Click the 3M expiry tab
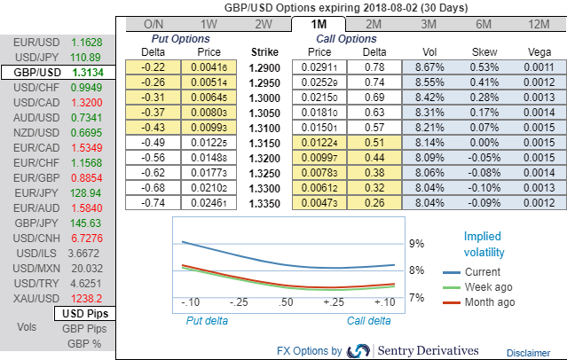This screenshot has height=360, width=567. point(429,24)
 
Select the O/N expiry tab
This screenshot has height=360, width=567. point(154,24)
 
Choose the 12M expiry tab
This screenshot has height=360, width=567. point(538,24)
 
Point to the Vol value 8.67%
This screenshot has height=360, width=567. point(429,67)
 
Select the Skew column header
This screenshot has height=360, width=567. point(484,52)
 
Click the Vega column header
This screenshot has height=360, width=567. point(538,52)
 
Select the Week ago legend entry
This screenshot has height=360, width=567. point(485,286)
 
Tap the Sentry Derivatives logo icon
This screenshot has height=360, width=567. point(359,350)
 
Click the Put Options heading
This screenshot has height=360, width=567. point(182,39)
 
